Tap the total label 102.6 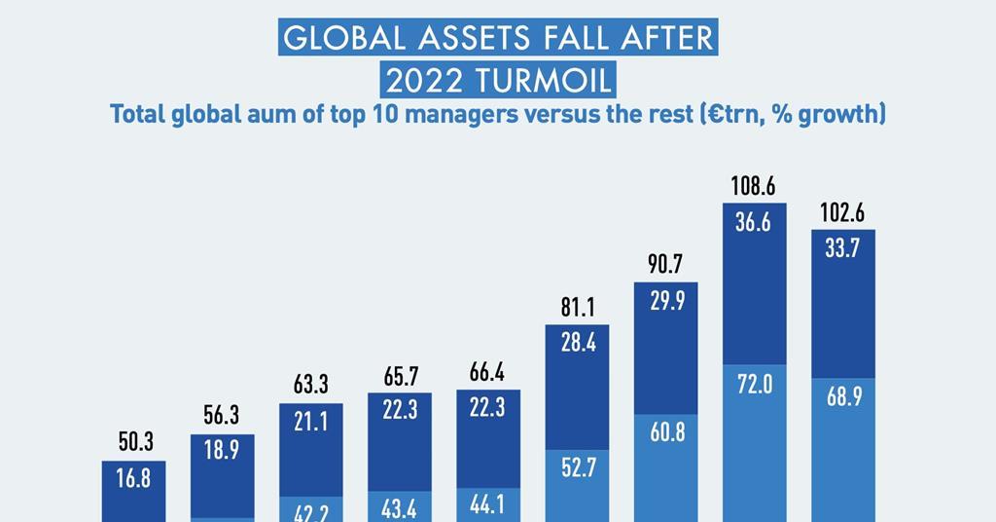tap(842, 213)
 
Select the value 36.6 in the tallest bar tap(754, 223)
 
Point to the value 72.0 tap(754, 385)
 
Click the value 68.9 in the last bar tap(842, 397)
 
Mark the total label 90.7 tap(665, 265)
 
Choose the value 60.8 tap(666, 431)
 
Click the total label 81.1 tap(578, 308)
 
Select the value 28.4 tap(578, 343)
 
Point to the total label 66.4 tap(487, 373)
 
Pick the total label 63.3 tap(310, 386)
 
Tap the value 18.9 tap(222, 449)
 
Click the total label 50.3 tap(134, 444)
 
